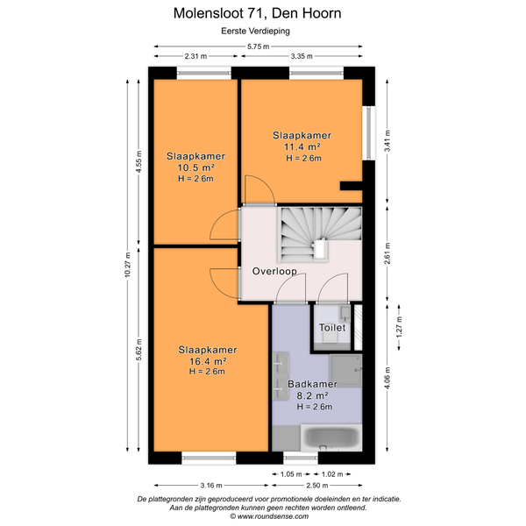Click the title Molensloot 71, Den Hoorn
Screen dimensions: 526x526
click(x=257, y=13)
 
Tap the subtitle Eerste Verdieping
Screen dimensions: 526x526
click(x=255, y=32)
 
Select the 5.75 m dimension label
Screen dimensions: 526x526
click(x=259, y=46)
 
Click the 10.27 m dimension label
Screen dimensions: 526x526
click(x=127, y=265)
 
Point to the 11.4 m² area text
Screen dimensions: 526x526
click(x=302, y=146)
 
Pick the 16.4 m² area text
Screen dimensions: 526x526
click(x=208, y=361)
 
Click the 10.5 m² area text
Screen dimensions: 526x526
click(x=195, y=167)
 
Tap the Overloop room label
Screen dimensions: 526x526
click(x=274, y=271)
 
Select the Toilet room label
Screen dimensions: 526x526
click(x=332, y=327)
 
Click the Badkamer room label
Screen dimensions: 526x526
click(x=312, y=384)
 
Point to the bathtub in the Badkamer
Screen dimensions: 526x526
click(x=331, y=437)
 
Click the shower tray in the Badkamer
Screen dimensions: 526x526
click(x=346, y=370)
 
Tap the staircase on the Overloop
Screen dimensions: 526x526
click(x=320, y=234)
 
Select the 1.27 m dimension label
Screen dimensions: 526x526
click(x=399, y=327)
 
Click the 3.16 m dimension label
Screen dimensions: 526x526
click(x=211, y=485)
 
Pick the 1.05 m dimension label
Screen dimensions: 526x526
click(x=291, y=474)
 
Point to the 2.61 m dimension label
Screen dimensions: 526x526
click(x=387, y=253)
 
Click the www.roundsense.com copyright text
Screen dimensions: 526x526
click(x=269, y=516)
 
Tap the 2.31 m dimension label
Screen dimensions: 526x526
click(x=195, y=56)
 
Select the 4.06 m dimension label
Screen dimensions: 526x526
click(x=387, y=378)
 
